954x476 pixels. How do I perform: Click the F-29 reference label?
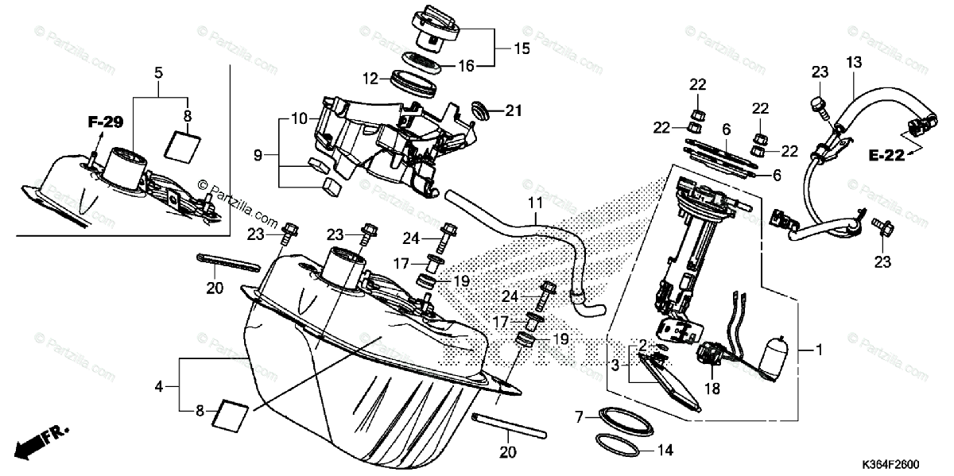click(106, 122)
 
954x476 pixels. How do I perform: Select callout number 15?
click(521, 48)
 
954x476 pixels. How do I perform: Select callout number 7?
click(579, 416)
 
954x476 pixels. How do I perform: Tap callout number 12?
click(369, 79)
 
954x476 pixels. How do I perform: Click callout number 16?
click(465, 66)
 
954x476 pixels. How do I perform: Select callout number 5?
click(158, 74)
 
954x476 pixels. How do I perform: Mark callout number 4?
click(159, 387)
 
